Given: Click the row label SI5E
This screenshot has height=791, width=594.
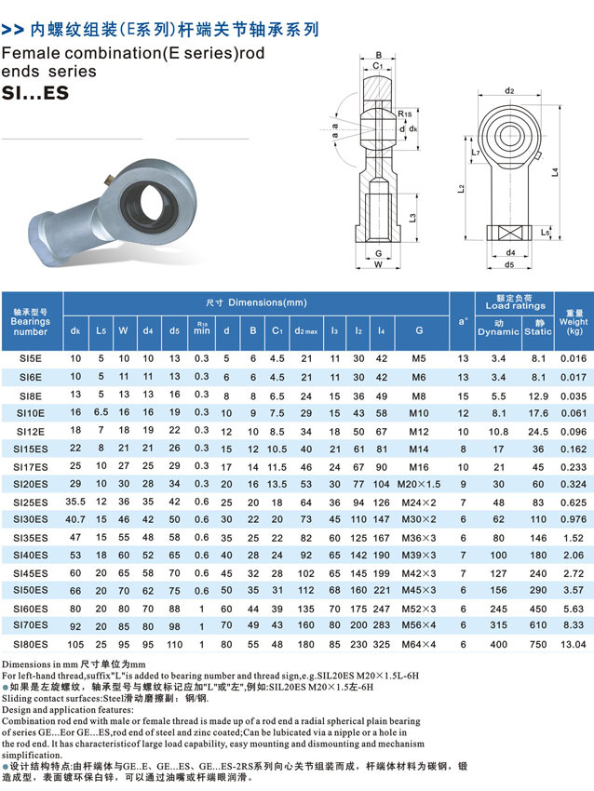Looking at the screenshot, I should [x=31, y=358].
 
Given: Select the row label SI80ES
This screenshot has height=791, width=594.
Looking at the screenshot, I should [x=31, y=643].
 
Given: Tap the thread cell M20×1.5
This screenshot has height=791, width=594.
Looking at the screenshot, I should [x=419, y=484].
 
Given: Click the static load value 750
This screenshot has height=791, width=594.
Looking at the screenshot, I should [x=538, y=643].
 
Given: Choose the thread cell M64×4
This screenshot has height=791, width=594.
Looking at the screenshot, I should [x=419, y=643].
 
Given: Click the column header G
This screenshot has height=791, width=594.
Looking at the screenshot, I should [x=419, y=330].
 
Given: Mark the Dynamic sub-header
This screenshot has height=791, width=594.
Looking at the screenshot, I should [x=498, y=330].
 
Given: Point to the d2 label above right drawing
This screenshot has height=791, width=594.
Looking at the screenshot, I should [x=509, y=91].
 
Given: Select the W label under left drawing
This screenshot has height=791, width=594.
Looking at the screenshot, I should [x=379, y=263].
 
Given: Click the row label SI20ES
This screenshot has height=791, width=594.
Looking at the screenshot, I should [x=31, y=484].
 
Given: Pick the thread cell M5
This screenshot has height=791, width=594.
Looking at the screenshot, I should [x=419, y=358].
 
